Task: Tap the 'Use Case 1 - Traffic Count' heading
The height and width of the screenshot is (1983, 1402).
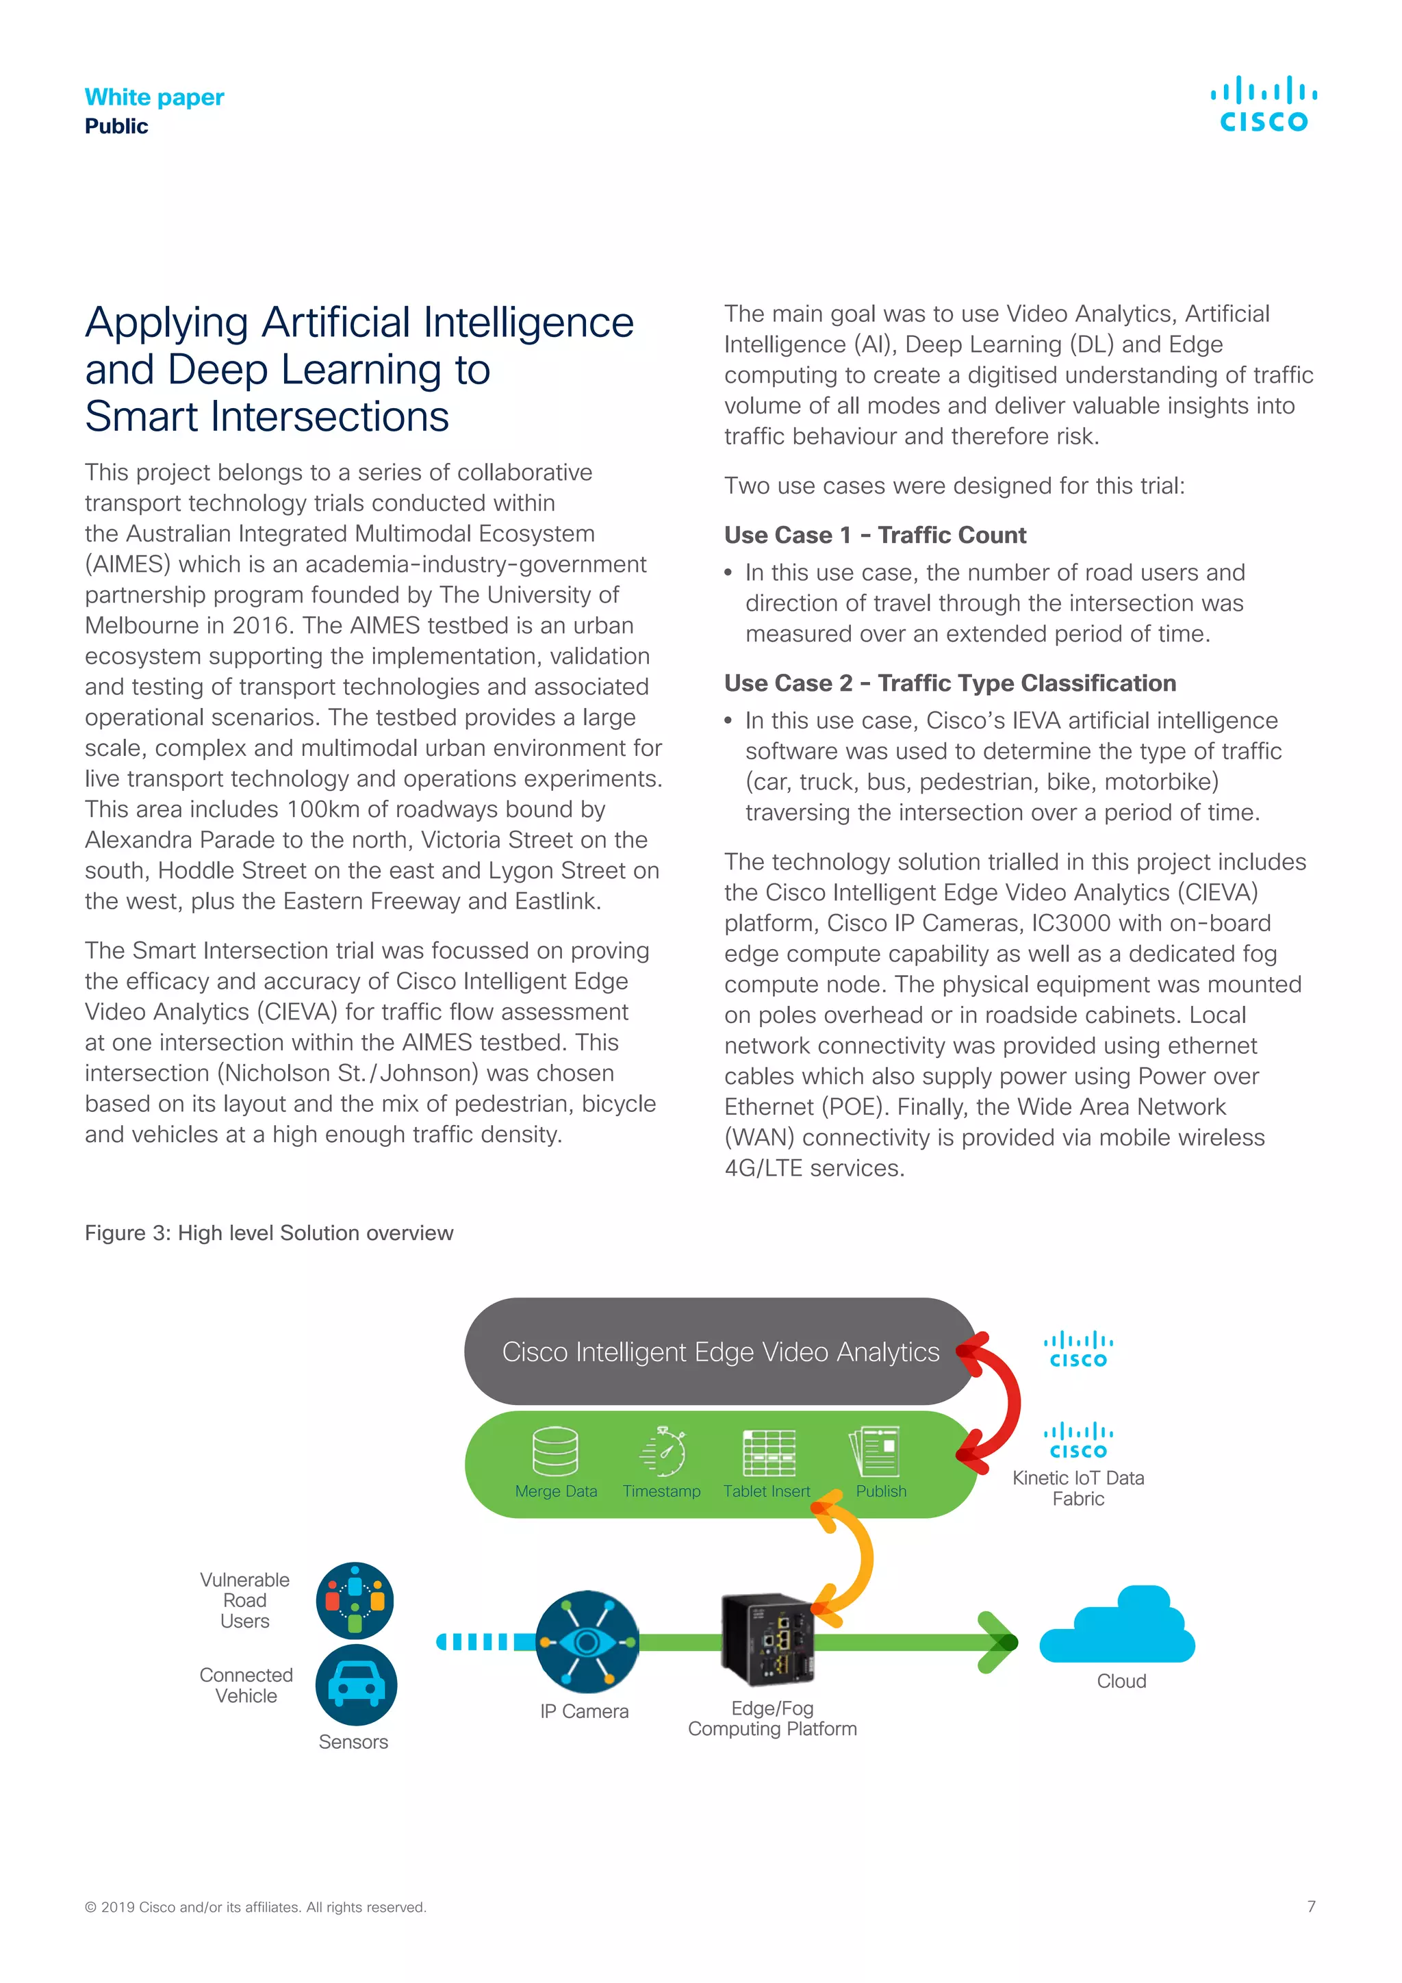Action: tap(874, 535)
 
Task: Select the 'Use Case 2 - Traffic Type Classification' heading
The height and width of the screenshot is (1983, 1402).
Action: tap(949, 683)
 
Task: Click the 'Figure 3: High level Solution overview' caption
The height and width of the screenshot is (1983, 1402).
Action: tap(268, 1233)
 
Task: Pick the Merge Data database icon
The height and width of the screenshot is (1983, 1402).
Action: tap(555, 1452)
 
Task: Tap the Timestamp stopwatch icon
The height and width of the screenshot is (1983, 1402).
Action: tap(663, 1452)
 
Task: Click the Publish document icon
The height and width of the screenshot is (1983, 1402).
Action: tap(876, 1452)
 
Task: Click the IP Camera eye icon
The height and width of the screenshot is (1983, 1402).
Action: tap(587, 1641)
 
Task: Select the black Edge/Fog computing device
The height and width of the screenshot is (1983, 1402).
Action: tap(767, 1639)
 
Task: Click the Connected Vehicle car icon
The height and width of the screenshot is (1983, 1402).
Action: tap(356, 1685)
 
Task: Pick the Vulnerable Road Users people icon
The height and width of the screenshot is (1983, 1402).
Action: tap(355, 1600)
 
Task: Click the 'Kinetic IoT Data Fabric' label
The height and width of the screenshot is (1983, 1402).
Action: tap(1078, 1488)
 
